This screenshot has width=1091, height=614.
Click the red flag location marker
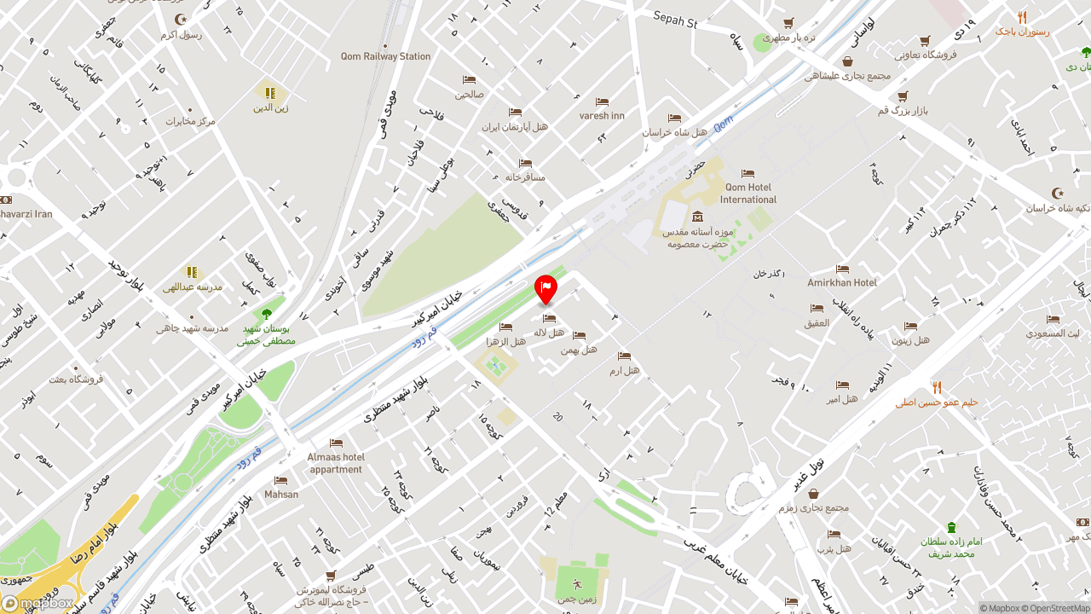click(x=545, y=288)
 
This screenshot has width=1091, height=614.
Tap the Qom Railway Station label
click(x=385, y=56)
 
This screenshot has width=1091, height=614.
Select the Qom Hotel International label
click(x=748, y=194)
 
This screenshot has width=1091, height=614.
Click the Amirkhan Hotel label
click(x=842, y=282)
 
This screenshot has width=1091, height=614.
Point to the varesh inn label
click(x=602, y=115)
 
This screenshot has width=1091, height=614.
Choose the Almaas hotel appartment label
click(x=336, y=463)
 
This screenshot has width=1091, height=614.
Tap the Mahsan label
click(x=281, y=495)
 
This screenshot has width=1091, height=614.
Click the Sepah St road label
click(x=675, y=20)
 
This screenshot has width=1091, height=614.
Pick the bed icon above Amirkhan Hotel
click(x=842, y=269)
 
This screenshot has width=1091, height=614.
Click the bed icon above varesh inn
click(x=602, y=102)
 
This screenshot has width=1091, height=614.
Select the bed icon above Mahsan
click(x=280, y=481)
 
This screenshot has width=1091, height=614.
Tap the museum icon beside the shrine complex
click(x=698, y=216)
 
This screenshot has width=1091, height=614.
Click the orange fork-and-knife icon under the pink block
click(x=1022, y=17)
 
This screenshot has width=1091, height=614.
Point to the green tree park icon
click(x=267, y=313)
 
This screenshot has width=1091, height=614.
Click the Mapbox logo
click(x=38, y=603)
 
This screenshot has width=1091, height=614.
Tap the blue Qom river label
click(x=723, y=125)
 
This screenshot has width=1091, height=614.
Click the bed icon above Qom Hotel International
click(x=748, y=174)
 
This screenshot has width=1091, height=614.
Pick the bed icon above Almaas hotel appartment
click(x=336, y=443)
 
